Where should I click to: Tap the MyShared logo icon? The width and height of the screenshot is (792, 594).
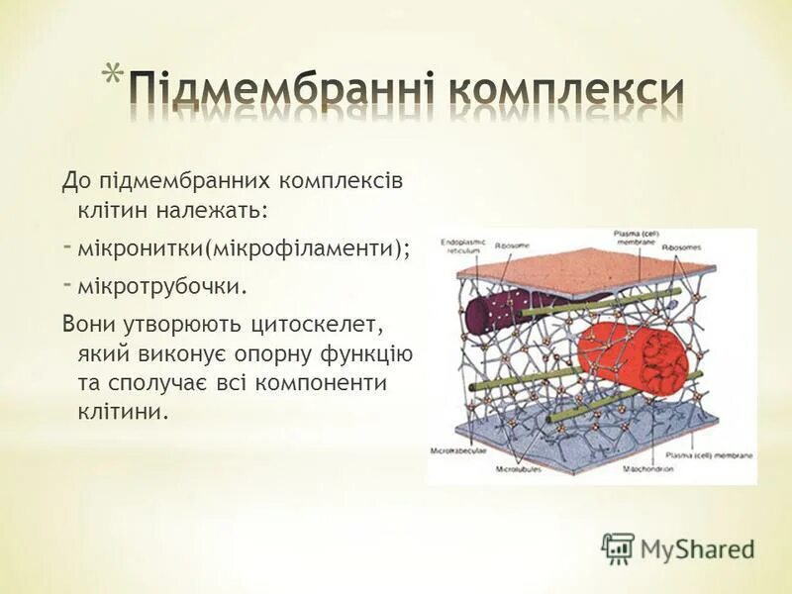pos(618,546)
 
